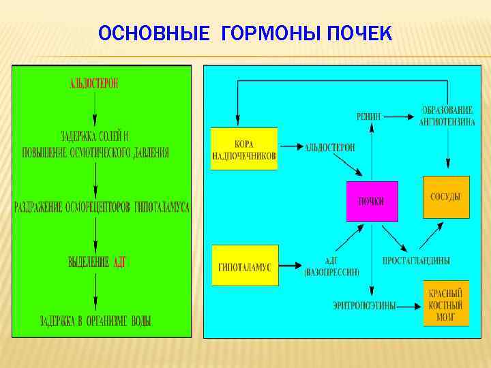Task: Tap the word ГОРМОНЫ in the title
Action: point(267,33)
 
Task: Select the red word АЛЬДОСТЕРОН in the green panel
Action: point(94,84)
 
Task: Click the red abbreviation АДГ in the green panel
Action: point(119,262)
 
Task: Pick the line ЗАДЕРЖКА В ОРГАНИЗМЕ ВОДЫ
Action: point(95,320)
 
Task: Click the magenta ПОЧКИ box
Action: point(372,201)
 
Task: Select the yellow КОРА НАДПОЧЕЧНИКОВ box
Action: point(244,149)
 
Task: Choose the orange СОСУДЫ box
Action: point(446,197)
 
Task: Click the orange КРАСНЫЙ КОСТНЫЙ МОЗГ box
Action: point(446,303)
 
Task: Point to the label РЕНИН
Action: point(369,116)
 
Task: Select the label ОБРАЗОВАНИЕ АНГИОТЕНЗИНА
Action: point(447,116)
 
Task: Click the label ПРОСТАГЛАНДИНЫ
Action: point(416,261)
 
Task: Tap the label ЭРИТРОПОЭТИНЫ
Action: point(364,306)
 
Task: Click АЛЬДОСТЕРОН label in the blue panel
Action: point(330,147)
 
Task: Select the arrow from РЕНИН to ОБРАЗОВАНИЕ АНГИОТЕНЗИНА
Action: point(400,116)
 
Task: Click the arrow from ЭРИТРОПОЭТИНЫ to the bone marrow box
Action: point(409,306)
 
